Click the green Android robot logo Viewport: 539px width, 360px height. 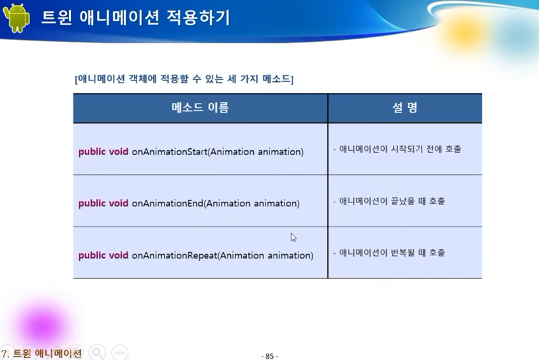[x=16, y=18]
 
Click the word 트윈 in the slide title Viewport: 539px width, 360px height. [x=57, y=18]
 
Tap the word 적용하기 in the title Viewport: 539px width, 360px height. [x=198, y=18]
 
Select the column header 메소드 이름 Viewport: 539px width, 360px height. [x=200, y=108]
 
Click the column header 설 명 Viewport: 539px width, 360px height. [x=405, y=108]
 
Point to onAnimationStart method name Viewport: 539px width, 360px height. [x=170, y=152]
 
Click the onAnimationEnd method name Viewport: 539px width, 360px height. [x=167, y=203]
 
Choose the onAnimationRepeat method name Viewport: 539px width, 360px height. [x=174, y=255]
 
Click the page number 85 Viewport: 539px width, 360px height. [x=269, y=356]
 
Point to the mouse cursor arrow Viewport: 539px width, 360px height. [x=293, y=237]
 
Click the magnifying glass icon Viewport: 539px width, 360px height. [x=97, y=352]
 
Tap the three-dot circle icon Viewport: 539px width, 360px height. [x=119, y=352]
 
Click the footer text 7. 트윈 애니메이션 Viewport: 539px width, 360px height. [x=42, y=353]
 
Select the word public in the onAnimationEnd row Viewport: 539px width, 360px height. [x=92, y=203]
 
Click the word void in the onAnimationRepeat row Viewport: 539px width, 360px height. [x=118, y=255]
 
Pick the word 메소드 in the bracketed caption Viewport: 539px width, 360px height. [x=276, y=79]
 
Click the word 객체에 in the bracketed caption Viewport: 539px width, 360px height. [x=143, y=79]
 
